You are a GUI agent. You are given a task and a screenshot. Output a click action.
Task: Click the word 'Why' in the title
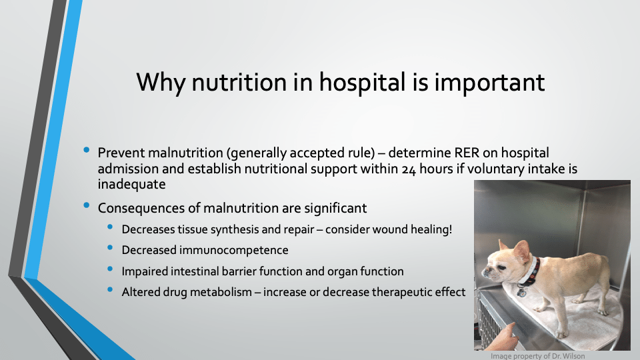pyautogui.click(x=161, y=83)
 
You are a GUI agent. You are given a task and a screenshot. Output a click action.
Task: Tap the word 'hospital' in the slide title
pyautogui.click(x=362, y=83)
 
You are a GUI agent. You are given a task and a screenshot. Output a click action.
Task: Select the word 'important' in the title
pyautogui.click(x=489, y=83)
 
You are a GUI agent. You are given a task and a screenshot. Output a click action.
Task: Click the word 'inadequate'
pyautogui.click(x=131, y=184)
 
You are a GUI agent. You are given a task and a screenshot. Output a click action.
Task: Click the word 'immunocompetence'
pyautogui.click(x=233, y=250)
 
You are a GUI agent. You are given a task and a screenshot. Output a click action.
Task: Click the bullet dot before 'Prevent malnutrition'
pyautogui.click(x=86, y=150)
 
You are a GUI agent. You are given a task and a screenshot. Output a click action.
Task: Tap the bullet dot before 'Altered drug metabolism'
pyautogui.click(x=110, y=289)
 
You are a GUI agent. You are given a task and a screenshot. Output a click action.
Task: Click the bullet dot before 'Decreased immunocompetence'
pyautogui.click(x=110, y=247)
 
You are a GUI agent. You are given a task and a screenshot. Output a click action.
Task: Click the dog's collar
pyautogui.click(x=530, y=271)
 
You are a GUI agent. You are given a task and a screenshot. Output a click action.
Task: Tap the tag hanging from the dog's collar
pyautogui.click(x=521, y=291)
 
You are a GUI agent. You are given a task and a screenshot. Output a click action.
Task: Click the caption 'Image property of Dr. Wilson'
pyautogui.click(x=537, y=356)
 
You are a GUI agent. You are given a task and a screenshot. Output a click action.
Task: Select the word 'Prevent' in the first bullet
pyautogui.click(x=121, y=153)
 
